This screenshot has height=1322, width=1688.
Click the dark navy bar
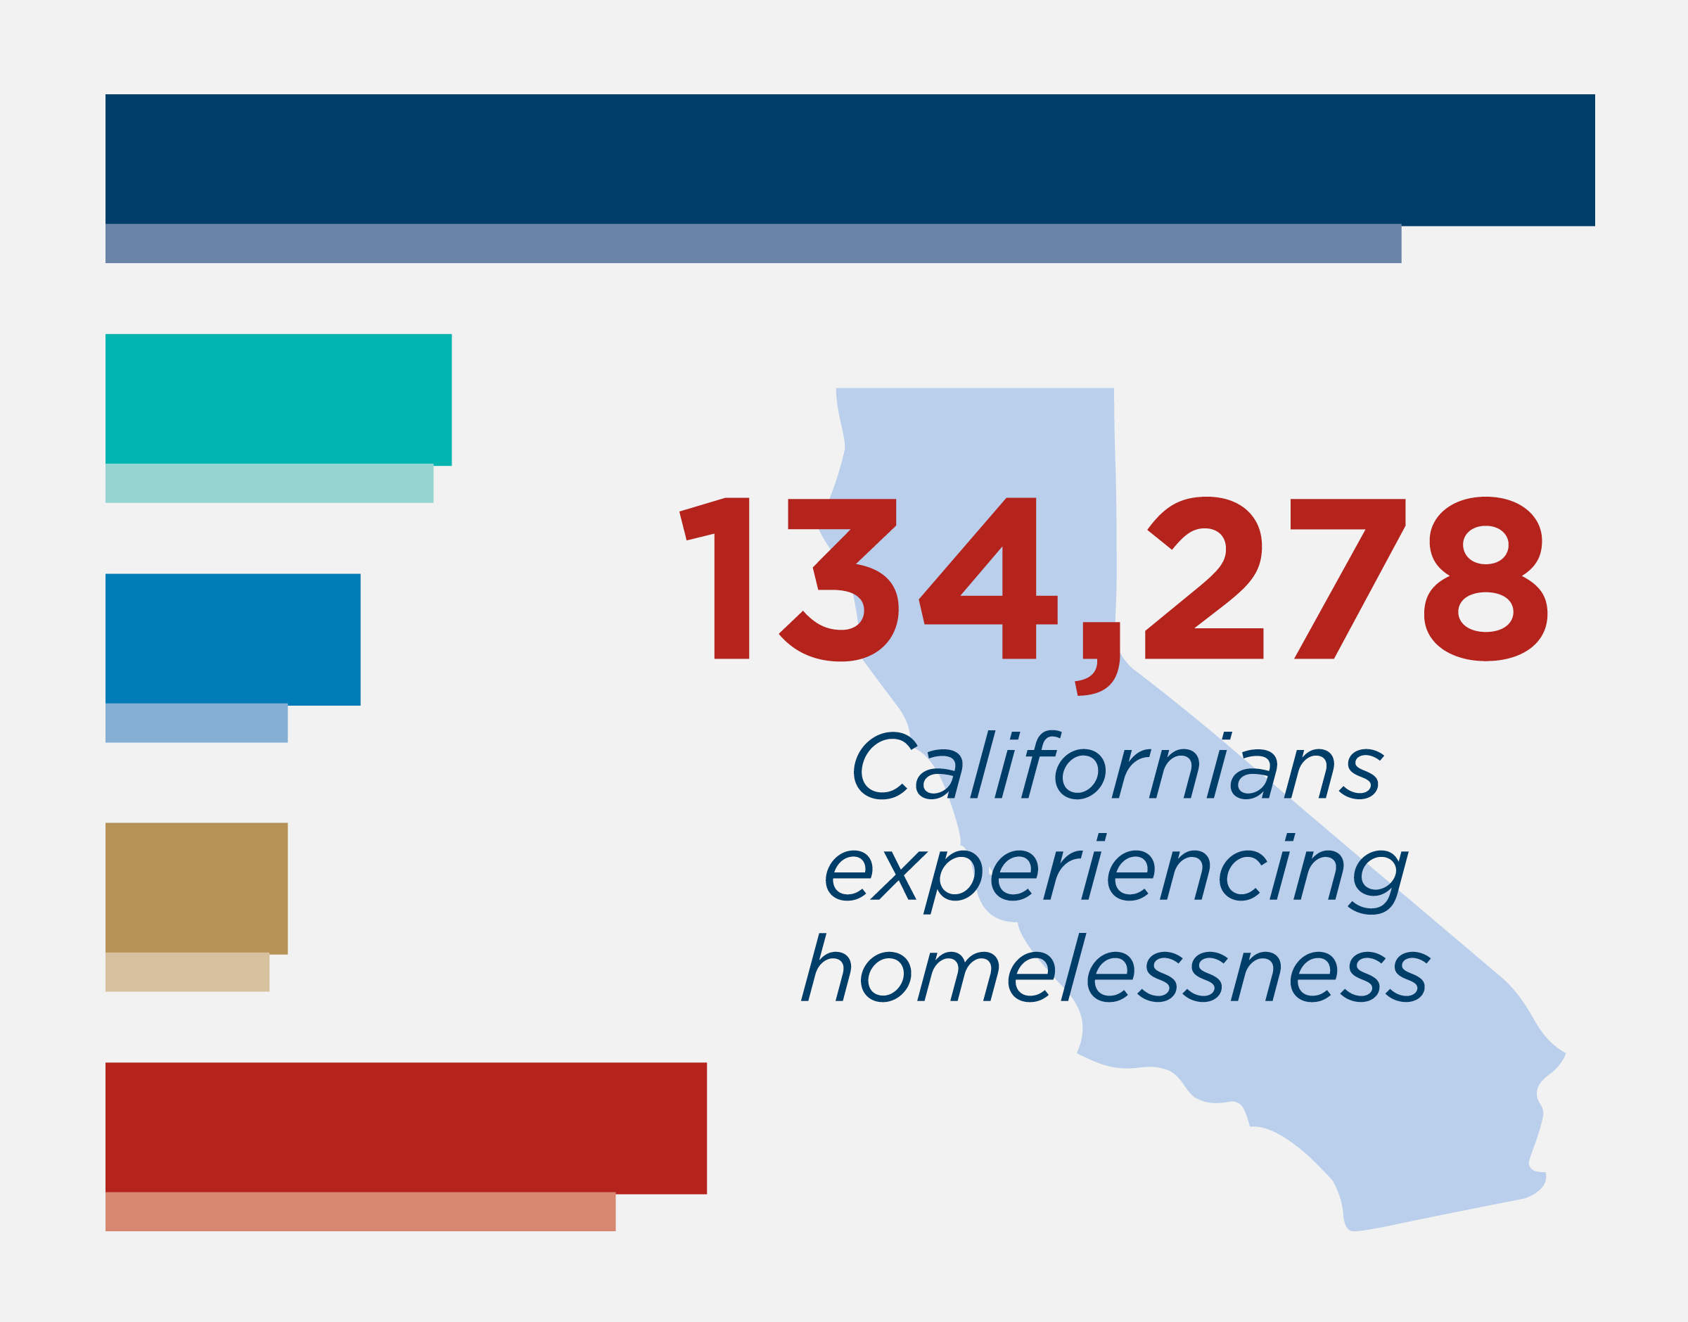(x=850, y=160)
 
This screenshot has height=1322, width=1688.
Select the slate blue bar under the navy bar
(x=753, y=244)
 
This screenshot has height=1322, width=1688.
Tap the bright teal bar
(x=279, y=400)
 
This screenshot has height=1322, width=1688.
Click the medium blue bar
(x=233, y=640)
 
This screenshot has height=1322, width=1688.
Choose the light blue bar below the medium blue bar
(x=196, y=723)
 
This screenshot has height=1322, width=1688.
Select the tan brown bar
(x=196, y=889)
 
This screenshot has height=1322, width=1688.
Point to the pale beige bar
(x=187, y=972)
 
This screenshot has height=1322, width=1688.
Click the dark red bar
(x=406, y=1129)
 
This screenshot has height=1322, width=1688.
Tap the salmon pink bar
(x=361, y=1212)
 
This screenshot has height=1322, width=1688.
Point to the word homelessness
(x=1116, y=967)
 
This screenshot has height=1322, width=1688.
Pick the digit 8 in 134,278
(x=1485, y=579)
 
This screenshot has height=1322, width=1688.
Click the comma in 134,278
(x=1097, y=659)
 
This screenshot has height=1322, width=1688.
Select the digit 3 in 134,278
(x=838, y=580)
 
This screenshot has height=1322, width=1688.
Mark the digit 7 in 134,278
(x=1348, y=579)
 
